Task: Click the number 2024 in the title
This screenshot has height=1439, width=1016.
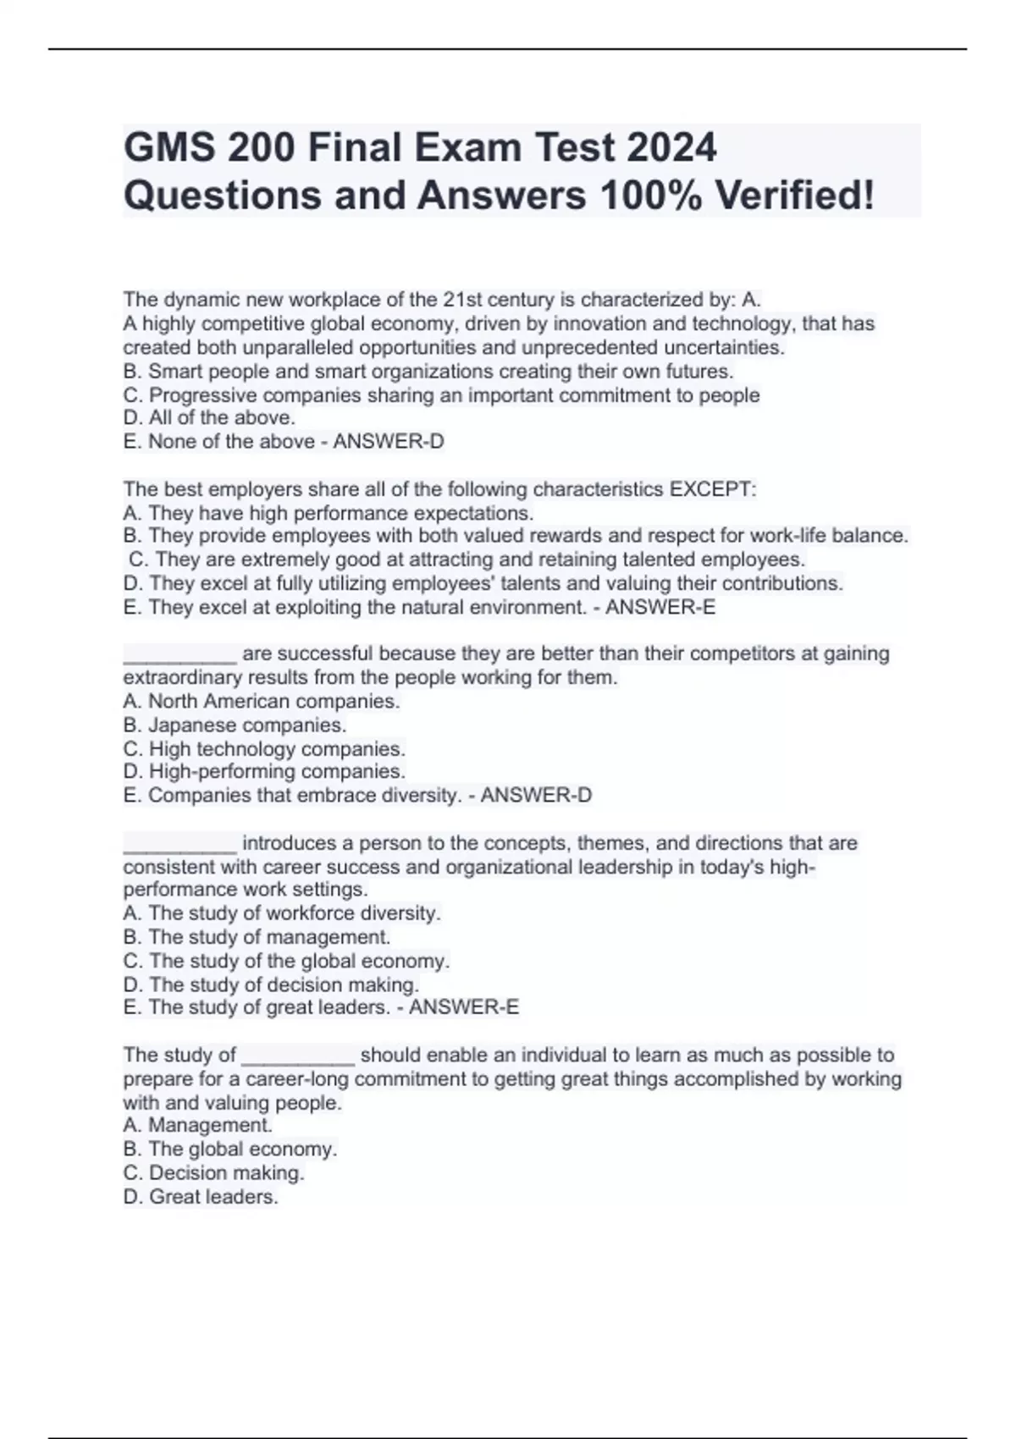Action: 671,148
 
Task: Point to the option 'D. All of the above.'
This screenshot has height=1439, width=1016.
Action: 209,417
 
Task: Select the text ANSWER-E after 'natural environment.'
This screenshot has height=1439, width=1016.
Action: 660,607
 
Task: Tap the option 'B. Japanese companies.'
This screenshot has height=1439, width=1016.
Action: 235,725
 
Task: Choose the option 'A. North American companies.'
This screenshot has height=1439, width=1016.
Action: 261,701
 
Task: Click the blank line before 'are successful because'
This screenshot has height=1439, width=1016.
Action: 179,655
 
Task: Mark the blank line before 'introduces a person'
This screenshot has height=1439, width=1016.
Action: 179,845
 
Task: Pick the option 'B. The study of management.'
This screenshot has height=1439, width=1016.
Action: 257,937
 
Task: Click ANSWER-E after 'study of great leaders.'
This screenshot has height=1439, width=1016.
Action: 464,1006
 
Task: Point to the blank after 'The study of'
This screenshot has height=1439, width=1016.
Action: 298,1056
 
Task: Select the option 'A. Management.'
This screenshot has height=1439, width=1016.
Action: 197,1125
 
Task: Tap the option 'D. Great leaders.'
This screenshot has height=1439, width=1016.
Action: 201,1196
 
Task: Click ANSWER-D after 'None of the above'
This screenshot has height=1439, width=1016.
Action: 389,441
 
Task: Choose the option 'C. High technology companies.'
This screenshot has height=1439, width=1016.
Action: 264,748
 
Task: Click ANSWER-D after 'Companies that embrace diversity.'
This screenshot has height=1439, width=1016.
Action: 536,795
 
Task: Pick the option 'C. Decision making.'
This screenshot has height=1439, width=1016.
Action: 213,1172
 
